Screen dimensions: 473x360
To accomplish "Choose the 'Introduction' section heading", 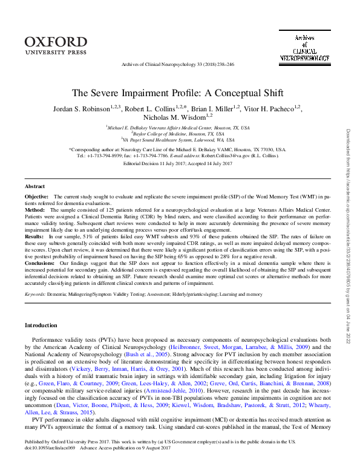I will pos(41,325).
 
